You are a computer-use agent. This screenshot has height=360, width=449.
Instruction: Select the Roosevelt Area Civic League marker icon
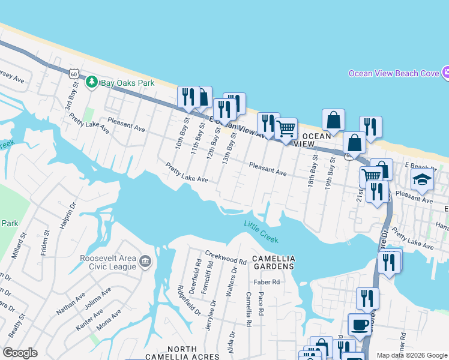[x=145, y=262]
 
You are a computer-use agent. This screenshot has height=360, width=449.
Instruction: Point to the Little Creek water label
[x=261, y=232]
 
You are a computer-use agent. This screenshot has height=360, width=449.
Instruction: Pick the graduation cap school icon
[x=422, y=179]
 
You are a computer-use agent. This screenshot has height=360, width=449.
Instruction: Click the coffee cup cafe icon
[x=360, y=325]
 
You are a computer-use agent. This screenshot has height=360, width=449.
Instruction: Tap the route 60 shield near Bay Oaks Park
[x=73, y=73]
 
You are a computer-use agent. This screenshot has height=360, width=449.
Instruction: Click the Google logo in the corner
[x=20, y=353]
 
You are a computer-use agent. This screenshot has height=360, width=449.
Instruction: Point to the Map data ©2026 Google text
[x=412, y=355]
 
